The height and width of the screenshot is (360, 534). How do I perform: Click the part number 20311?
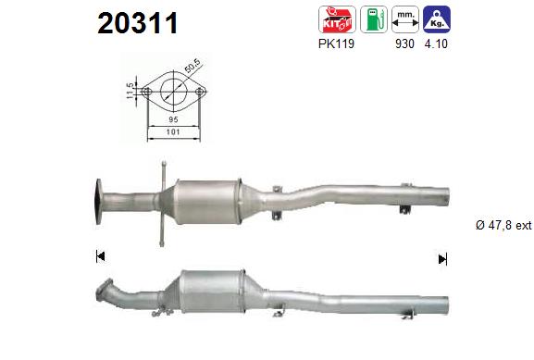click(x=138, y=23)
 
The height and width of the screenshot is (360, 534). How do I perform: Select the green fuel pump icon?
click(x=374, y=19)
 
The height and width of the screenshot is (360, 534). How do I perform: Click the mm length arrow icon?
click(x=404, y=19)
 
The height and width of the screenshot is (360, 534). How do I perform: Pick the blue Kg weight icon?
click(x=437, y=19)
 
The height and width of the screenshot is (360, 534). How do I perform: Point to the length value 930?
click(x=405, y=43)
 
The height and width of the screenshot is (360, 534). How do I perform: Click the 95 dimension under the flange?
click(x=173, y=119)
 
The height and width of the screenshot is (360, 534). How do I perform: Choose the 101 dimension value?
click(x=173, y=133)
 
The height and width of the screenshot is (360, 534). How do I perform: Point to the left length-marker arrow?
click(x=100, y=256)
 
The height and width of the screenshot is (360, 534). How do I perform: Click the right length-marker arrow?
click(x=442, y=258)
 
